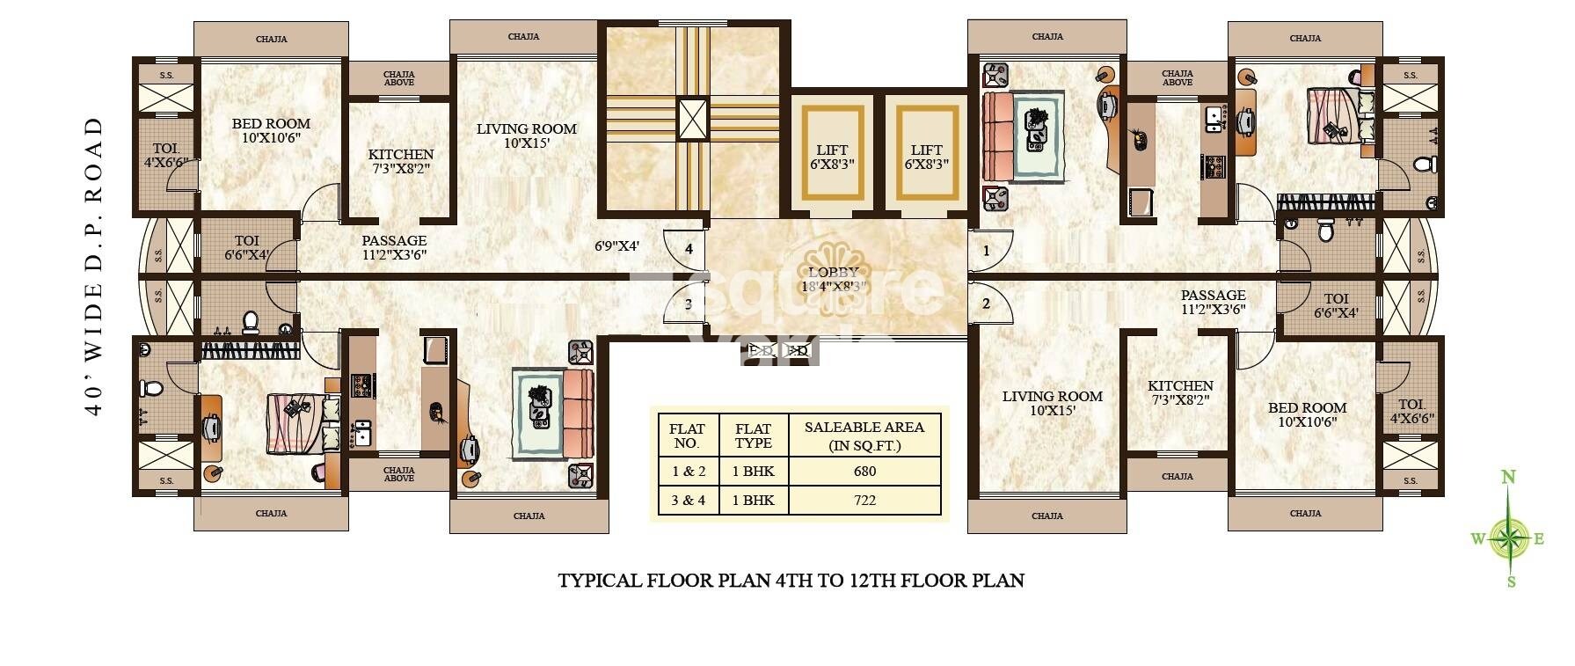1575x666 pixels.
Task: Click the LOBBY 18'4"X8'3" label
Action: tap(833, 279)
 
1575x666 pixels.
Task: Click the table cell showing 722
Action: tap(864, 500)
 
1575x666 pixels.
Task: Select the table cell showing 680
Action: tap(864, 471)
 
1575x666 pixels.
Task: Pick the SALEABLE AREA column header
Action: tap(864, 435)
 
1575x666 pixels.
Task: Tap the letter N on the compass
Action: tap(1508, 478)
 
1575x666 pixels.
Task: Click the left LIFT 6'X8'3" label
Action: tap(831, 157)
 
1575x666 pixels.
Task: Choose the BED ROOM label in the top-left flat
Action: tap(271, 130)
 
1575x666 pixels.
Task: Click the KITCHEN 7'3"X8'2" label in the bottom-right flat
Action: tap(1180, 392)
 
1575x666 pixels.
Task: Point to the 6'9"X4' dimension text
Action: tap(616, 247)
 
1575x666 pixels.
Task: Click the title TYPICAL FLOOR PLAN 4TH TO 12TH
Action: tap(791, 581)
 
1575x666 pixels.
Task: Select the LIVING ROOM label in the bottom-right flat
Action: tap(1052, 403)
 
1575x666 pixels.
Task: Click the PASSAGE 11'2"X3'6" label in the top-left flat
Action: tap(394, 247)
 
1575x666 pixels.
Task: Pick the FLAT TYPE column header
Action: tap(754, 435)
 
